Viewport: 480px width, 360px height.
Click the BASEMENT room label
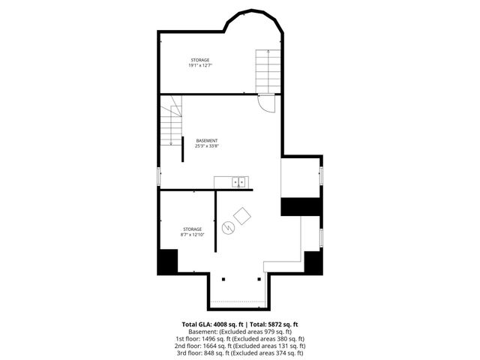tap(207, 141)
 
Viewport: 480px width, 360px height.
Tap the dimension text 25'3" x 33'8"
tap(207, 146)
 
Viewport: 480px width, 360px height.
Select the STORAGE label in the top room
tap(199, 60)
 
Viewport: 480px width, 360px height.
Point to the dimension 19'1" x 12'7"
tap(199, 65)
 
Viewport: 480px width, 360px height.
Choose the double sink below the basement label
tap(239, 181)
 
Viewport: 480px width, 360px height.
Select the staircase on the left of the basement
tap(174, 121)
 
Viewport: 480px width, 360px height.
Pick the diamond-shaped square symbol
tap(242, 216)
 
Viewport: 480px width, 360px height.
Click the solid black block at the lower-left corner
tap(166, 262)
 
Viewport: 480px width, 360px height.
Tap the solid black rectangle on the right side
tap(301, 206)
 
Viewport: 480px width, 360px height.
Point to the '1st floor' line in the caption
tap(240, 338)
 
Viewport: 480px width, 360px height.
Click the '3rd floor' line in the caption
tap(240, 352)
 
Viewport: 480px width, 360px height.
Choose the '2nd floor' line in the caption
tap(240, 345)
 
